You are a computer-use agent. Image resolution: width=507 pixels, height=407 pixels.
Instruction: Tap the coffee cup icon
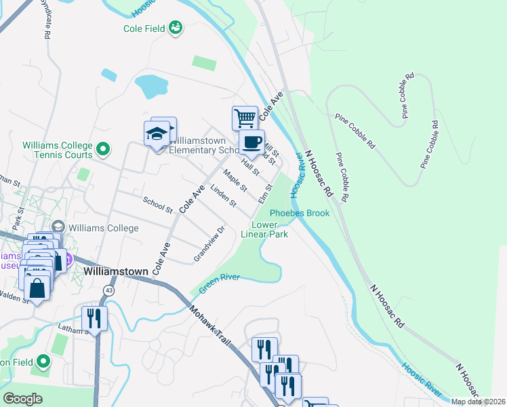(251, 142)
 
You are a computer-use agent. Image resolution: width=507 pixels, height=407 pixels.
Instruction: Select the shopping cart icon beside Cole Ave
(245, 117)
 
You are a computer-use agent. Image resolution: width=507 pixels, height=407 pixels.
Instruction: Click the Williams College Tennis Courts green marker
(103, 147)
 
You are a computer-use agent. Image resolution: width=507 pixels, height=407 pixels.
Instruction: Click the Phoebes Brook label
(300, 213)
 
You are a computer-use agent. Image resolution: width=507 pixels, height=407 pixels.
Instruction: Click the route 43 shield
(108, 290)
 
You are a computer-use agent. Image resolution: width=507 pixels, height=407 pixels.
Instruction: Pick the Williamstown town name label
(116, 271)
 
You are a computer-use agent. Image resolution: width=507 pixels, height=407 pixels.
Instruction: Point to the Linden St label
(223, 195)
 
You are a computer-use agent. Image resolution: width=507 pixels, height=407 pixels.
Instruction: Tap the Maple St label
(235, 180)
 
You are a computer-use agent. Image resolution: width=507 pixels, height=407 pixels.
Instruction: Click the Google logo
(23, 398)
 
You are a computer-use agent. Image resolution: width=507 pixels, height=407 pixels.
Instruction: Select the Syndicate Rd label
(47, 25)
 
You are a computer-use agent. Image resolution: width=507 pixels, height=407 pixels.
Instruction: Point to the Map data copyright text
(477, 402)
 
